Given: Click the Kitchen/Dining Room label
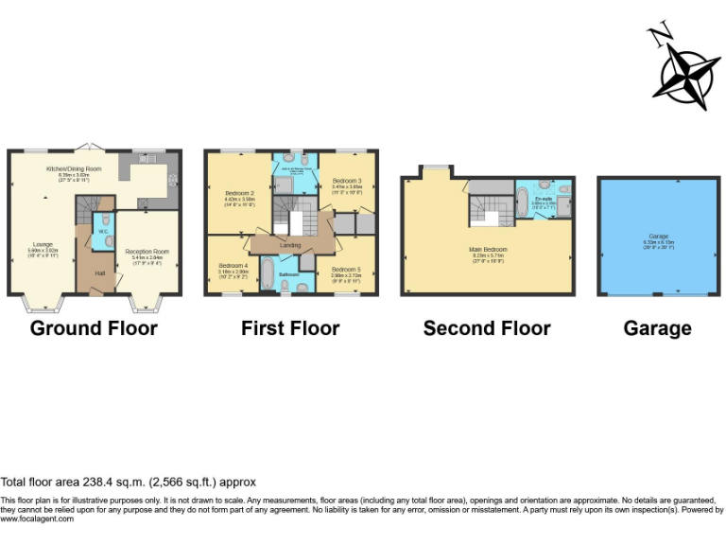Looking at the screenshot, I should (73, 168).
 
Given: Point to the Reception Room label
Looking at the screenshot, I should (146, 252).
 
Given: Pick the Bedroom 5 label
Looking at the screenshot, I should (346, 270).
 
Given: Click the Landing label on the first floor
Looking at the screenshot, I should (290, 245).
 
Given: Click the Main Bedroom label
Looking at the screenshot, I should (488, 250).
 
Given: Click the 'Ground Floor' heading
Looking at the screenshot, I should (94, 329).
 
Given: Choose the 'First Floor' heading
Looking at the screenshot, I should (290, 329).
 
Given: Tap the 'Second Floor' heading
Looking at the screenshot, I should (487, 329).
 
